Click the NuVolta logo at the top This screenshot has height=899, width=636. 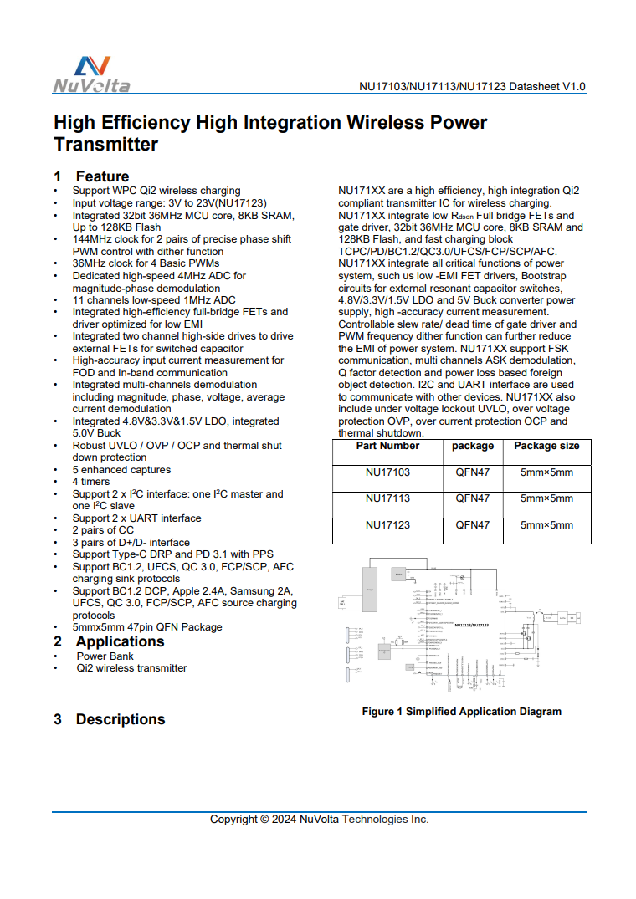pyautogui.click(x=91, y=74)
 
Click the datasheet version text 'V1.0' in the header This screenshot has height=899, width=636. pyautogui.click(x=573, y=87)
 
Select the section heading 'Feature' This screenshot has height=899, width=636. pyautogui.click(x=102, y=176)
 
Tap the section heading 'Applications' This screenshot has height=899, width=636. pyautogui.click(x=120, y=641)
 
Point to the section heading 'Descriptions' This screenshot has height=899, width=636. pyautogui.click(x=121, y=719)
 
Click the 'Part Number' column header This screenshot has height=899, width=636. pyautogui.click(x=387, y=446)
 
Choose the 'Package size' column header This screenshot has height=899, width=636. pyautogui.click(x=546, y=446)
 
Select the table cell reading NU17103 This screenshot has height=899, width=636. pyautogui.click(x=387, y=472)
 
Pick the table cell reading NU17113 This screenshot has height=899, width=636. pyautogui.click(x=387, y=498)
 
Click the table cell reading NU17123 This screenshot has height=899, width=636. pyautogui.click(x=387, y=525)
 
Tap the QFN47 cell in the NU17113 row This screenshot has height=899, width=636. pyautogui.click(x=473, y=498)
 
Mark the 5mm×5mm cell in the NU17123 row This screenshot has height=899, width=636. pyautogui.click(x=546, y=525)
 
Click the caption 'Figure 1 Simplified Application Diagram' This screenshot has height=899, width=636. pyautogui.click(x=461, y=712)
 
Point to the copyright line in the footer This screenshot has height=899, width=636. pyautogui.click(x=319, y=820)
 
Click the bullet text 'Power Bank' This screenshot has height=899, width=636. pyautogui.click(x=105, y=656)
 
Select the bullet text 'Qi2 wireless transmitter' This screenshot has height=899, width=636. pyautogui.click(x=131, y=668)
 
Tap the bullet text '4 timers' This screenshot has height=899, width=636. pyautogui.click(x=91, y=482)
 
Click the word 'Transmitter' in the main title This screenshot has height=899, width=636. pyautogui.click(x=105, y=145)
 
